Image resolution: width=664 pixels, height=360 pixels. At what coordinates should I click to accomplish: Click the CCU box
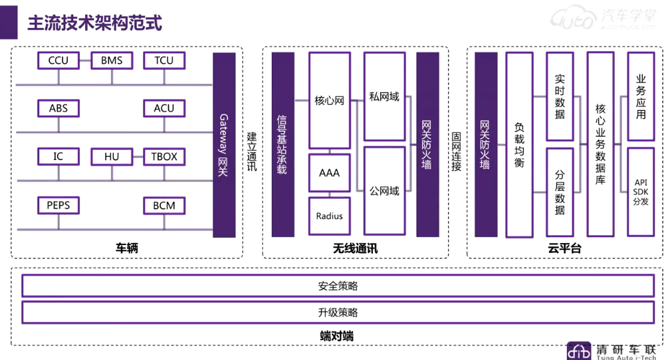[x=58, y=60]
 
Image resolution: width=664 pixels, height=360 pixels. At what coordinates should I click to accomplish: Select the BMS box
[x=112, y=60]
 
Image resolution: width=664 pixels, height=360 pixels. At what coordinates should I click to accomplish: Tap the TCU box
[x=164, y=60]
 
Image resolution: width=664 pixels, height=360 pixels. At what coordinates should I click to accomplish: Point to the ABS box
[x=58, y=108]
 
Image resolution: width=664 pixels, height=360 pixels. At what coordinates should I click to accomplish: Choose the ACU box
[x=164, y=108]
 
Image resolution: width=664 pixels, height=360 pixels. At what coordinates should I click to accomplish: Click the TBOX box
[x=164, y=157]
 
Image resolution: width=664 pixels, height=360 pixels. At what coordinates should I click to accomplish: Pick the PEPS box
[x=58, y=205]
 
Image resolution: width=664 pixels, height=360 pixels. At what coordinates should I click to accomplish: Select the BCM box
[x=164, y=205]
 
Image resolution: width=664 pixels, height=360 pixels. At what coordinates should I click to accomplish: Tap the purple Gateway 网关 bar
[x=224, y=145]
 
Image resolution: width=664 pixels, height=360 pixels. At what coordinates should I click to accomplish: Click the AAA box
[x=329, y=173]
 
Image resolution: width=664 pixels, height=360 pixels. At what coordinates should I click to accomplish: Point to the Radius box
[x=329, y=216]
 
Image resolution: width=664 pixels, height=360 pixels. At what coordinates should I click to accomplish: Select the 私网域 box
[x=384, y=97]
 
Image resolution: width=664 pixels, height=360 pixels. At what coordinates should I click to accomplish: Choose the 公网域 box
[x=384, y=191]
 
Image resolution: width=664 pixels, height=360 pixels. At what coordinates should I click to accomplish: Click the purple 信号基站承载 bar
[x=283, y=145]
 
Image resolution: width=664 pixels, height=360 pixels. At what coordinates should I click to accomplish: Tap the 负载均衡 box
[x=519, y=145]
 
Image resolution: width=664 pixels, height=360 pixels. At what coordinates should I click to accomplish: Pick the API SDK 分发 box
[x=641, y=191]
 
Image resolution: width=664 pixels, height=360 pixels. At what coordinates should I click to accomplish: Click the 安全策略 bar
[x=338, y=286]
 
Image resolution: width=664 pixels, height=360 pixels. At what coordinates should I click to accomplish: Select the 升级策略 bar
[x=338, y=312]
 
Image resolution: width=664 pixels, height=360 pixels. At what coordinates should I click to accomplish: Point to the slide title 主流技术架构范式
[x=94, y=23]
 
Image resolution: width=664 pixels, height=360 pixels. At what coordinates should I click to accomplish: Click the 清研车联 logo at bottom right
[x=613, y=351]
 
